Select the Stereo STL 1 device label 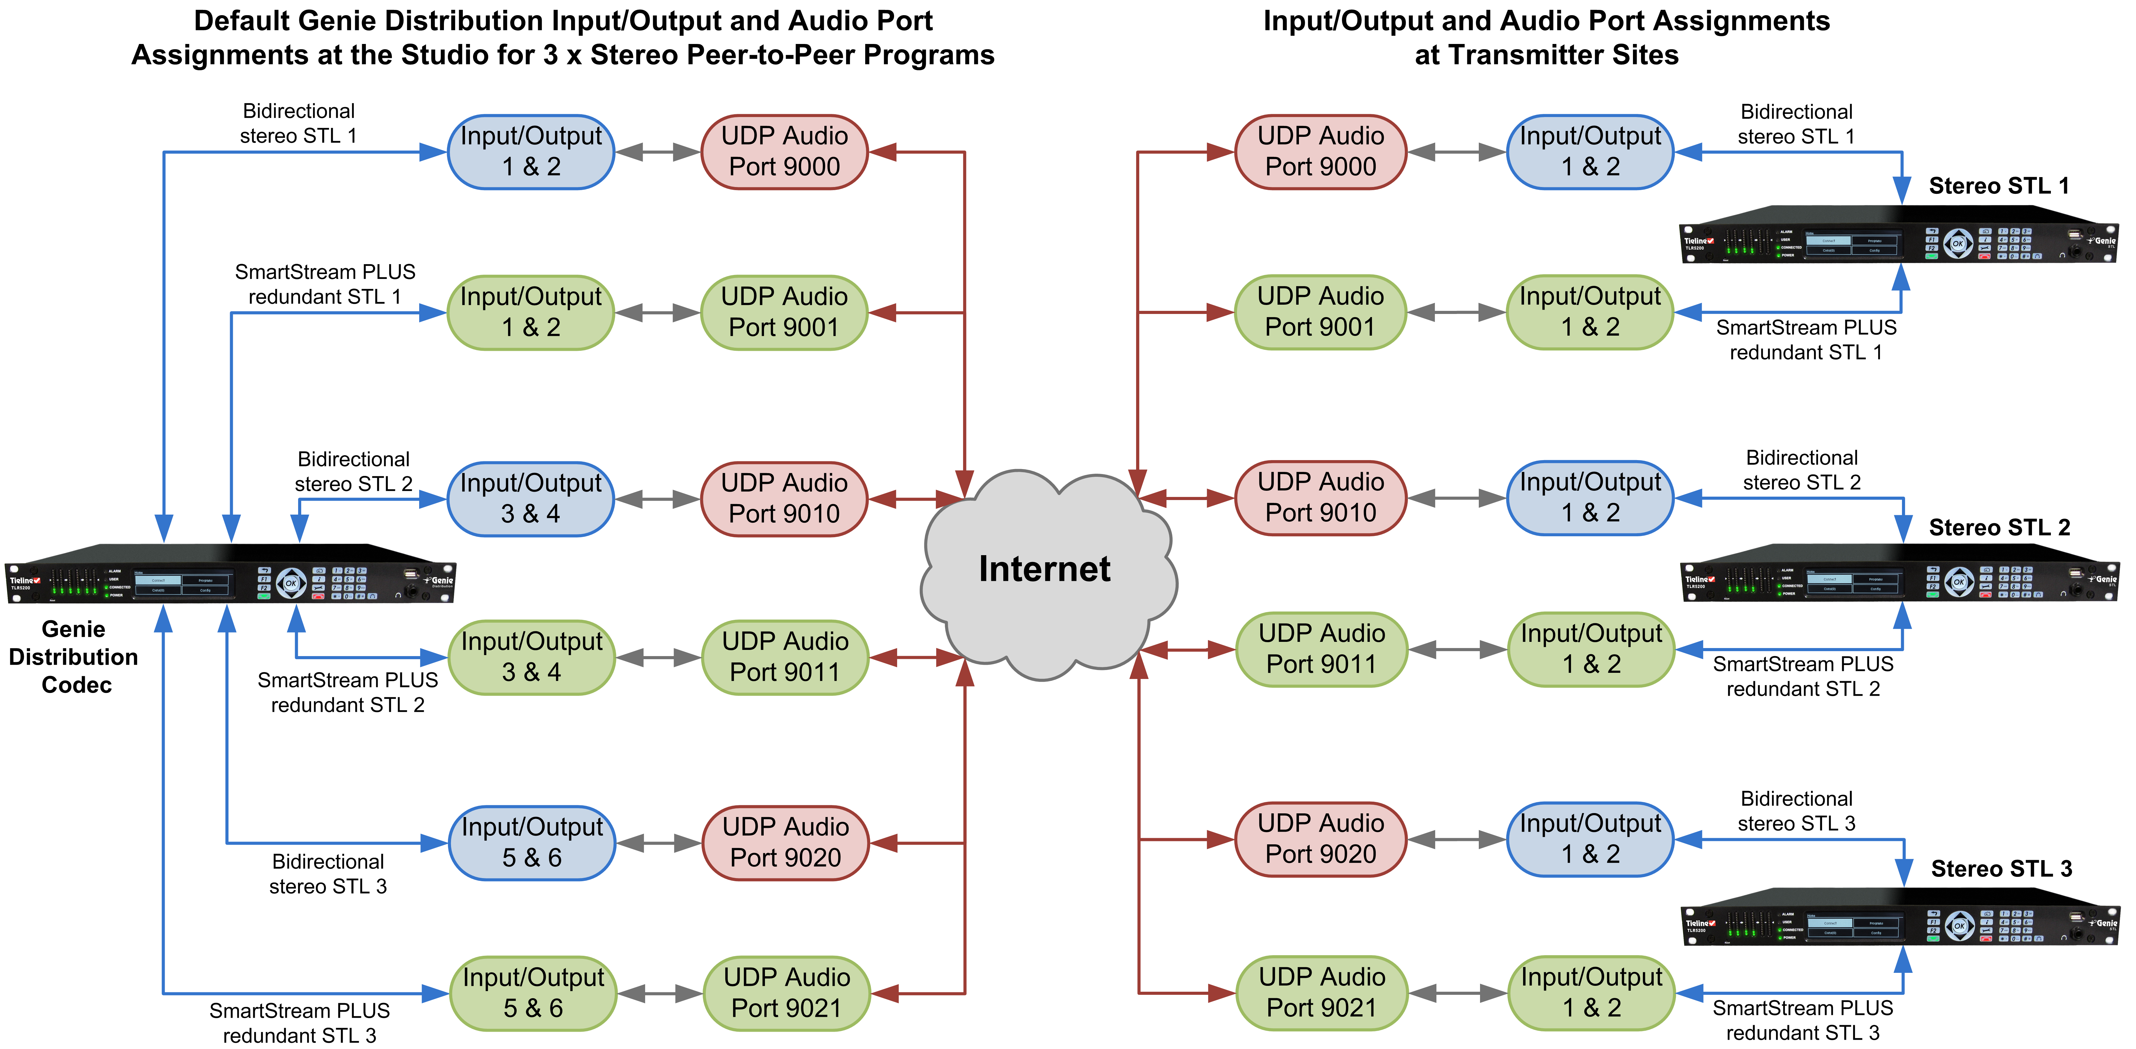(x=1998, y=186)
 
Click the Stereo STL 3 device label (x=2001, y=869)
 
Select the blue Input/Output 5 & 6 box (x=532, y=842)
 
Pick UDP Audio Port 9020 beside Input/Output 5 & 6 (x=785, y=842)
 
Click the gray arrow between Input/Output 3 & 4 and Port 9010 (x=658, y=499)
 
